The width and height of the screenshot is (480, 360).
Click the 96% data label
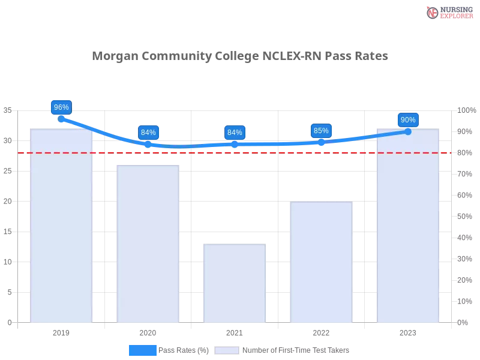tap(61, 107)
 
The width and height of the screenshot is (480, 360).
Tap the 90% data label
tap(408, 120)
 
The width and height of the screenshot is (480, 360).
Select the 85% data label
tap(321, 131)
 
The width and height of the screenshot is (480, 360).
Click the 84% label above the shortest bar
tap(235, 133)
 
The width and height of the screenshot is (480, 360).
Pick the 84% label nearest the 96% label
tap(148, 133)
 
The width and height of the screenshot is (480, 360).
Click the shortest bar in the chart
tap(235, 282)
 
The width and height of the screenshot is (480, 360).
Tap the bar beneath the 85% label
tap(321, 261)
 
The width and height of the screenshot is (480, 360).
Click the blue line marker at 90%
tap(408, 131)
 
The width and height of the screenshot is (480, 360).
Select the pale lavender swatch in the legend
tap(227, 350)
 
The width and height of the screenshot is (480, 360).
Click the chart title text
tap(240, 56)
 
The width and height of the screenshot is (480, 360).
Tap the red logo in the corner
tap(433, 13)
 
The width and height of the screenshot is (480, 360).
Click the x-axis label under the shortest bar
tap(235, 331)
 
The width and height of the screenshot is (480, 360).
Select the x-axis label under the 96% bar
tap(62, 331)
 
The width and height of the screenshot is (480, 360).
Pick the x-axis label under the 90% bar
tap(408, 331)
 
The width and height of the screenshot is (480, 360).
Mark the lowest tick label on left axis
tap(9, 322)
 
